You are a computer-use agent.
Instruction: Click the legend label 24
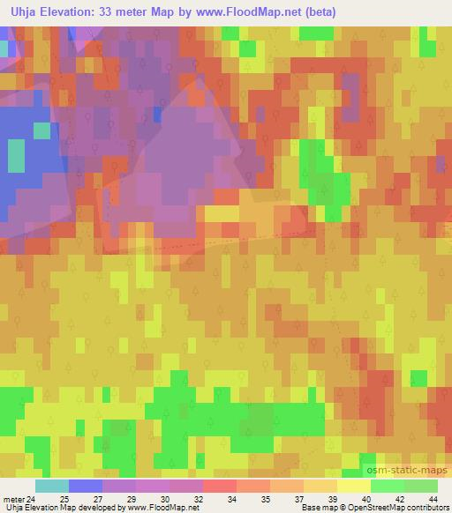pyautogui.click(x=34, y=499)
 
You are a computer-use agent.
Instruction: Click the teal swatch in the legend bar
pyautogui.click(x=52, y=486)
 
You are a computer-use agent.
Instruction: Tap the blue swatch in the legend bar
pyautogui.click(x=86, y=486)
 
